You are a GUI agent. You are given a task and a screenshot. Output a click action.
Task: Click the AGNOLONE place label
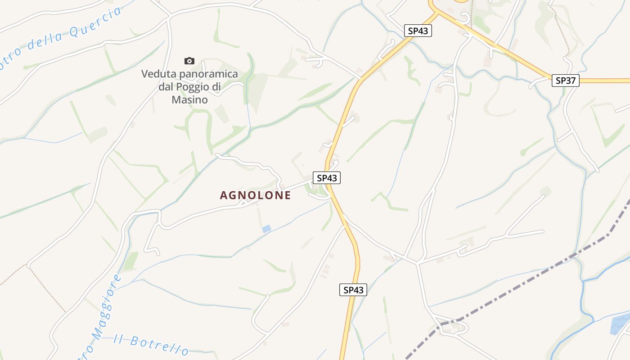[x=255, y=195]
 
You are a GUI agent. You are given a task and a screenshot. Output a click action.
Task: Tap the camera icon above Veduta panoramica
[x=189, y=61]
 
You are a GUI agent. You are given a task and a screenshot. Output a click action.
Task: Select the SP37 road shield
[x=566, y=81]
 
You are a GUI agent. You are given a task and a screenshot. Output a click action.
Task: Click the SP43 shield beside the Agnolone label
[x=327, y=178]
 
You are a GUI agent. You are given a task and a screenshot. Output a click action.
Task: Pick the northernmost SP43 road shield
[x=418, y=31]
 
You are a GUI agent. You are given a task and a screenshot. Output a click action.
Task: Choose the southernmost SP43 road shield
[x=353, y=290]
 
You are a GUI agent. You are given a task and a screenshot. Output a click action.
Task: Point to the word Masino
[x=189, y=99]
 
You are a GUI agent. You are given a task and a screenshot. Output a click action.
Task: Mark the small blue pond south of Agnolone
[x=266, y=229]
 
